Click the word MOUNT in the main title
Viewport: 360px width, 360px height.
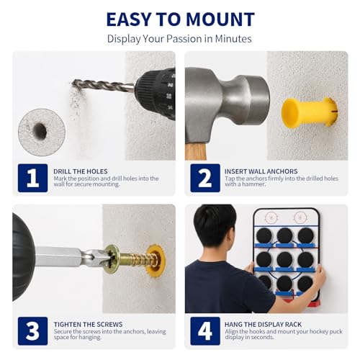tap(220, 19)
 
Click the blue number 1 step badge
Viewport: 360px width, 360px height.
tap(32, 178)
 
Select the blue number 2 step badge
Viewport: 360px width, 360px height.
tap(205, 178)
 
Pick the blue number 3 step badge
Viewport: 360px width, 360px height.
tap(32, 331)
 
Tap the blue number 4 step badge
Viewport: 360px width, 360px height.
tap(205, 331)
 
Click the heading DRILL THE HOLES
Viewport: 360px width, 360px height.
tap(81, 171)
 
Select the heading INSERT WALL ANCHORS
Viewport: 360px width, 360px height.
tap(261, 171)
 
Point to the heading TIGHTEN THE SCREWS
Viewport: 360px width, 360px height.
tap(88, 325)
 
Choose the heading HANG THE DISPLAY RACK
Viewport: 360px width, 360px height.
tap(263, 325)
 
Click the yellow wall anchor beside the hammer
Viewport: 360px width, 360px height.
tap(310, 112)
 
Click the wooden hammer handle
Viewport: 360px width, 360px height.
tap(195, 151)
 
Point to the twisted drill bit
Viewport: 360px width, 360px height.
tap(103, 86)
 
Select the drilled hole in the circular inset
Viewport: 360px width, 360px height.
tap(40, 131)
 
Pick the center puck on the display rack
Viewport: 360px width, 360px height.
tap(284, 260)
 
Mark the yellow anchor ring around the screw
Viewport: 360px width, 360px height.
tap(156, 261)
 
